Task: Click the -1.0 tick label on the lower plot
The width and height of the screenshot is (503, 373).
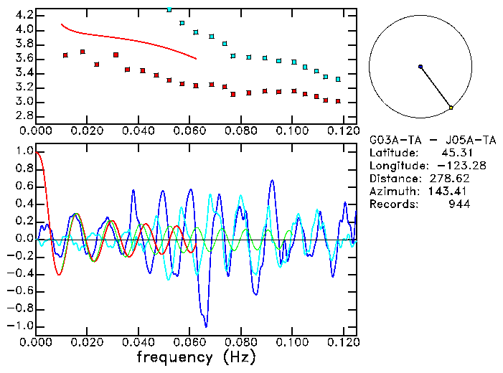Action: (x=21, y=326)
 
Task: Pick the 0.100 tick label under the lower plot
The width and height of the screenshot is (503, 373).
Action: (x=292, y=343)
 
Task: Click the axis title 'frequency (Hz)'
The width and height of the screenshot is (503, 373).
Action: (x=196, y=357)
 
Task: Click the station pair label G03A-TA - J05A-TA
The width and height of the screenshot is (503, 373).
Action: (x=423, y=140)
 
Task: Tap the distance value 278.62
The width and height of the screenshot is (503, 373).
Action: (x=447, y=179)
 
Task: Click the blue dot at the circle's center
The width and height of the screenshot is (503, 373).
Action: (x=420, y=67)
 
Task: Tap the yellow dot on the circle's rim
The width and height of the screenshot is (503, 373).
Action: (x=451, y=108)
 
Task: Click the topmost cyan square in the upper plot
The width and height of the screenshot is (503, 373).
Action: (x=169, y=9)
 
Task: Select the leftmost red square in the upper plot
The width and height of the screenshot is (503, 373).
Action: (x=65, y=55)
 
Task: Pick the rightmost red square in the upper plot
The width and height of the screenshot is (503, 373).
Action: (x=338, y=102)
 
